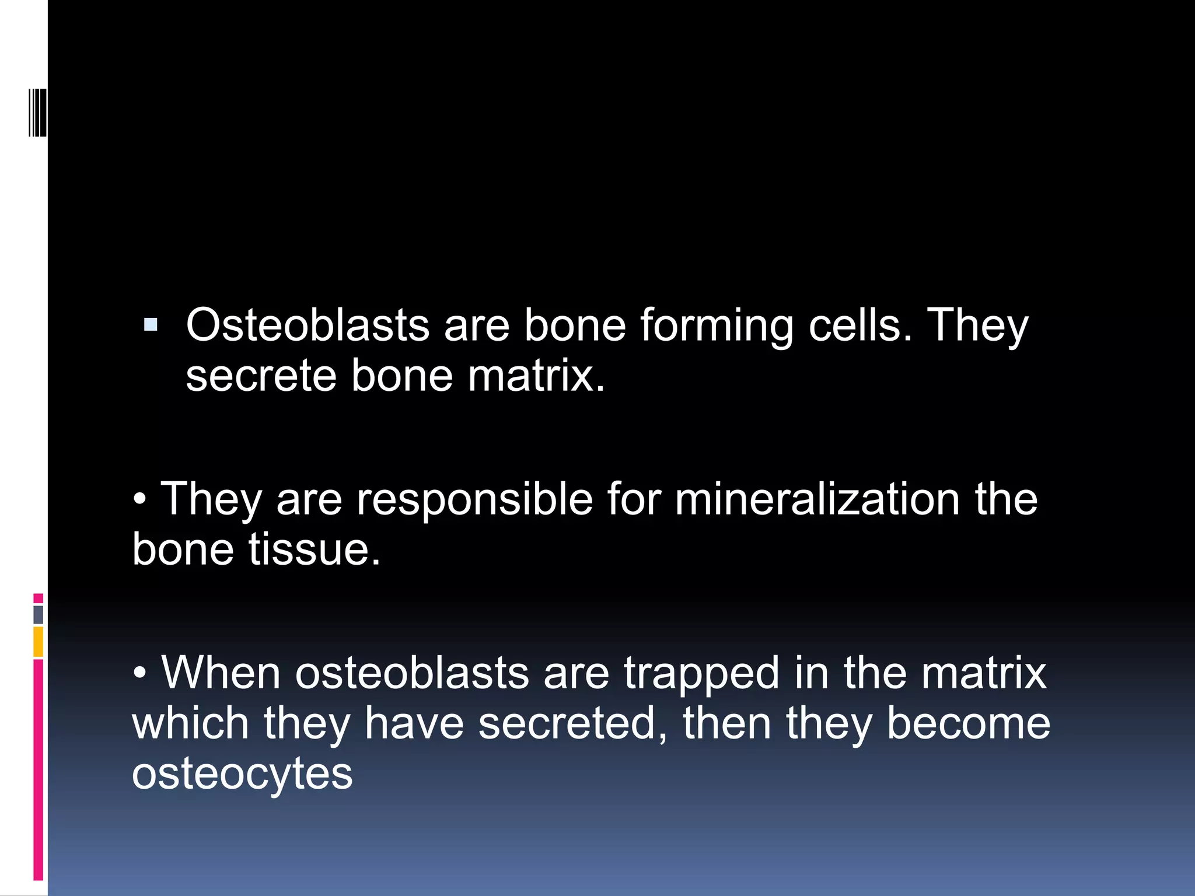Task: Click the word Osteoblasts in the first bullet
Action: click(x=308, y=325)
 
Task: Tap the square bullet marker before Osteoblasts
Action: click(x=151, y=325)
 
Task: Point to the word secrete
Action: click(x=261, y=376)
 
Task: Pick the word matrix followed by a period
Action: click(x=536, y=376)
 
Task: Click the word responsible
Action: click(x=474, y=501)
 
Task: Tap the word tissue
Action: click(x=315, y=549)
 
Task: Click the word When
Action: click(x=221, y=673)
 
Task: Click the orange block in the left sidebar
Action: click(x=38, y=642)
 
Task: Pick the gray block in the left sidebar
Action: click(x=38, y=614)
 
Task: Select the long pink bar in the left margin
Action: click(x=38, y=770)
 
